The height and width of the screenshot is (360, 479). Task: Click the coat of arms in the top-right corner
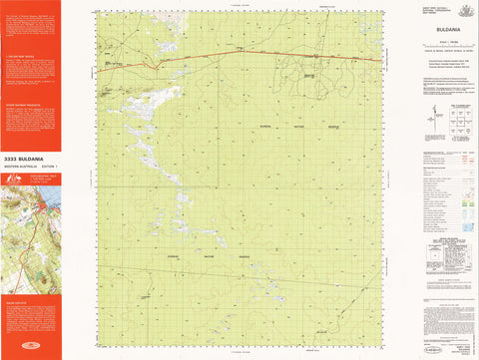point(459,13)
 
